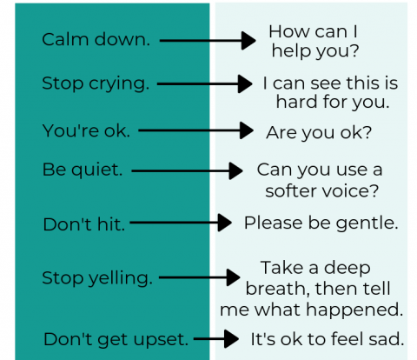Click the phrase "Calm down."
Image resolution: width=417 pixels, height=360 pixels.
[96, 39]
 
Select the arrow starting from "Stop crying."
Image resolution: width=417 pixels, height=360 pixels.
[205, 83]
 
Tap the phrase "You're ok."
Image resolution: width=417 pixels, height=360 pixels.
[86, 130]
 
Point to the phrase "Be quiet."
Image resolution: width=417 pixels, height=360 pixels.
[83, 170]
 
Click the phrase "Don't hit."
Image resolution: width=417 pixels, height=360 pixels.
[84, 224]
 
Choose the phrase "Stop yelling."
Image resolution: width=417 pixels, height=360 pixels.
[97, 278]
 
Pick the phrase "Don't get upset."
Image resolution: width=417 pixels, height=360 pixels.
[116, 339]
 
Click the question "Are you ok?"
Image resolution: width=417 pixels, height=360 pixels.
[319, 133]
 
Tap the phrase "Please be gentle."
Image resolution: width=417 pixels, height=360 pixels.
[321, 223]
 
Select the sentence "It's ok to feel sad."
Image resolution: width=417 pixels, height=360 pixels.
[328, 339]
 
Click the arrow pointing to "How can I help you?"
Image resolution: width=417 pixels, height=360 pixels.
[208, 41]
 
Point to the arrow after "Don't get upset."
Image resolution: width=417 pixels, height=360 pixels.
[216, 338]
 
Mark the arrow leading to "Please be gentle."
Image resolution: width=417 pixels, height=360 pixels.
[181, 223]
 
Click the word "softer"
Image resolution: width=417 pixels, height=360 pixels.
[288, 191]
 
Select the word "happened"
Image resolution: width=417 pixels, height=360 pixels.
[354, 310]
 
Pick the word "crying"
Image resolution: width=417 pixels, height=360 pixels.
[119, 84]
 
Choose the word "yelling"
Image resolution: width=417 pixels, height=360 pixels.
[120, 278]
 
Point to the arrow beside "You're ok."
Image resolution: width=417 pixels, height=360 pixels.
[196, 130]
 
